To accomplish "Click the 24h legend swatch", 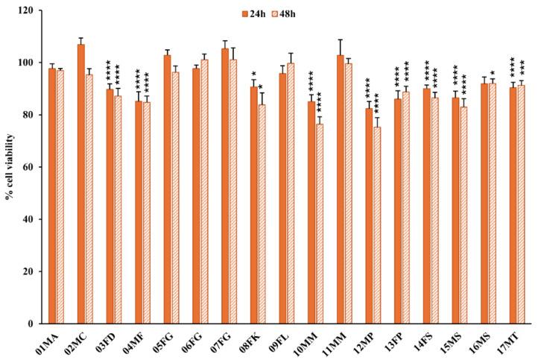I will tap(243, 13).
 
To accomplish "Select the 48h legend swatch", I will tap(274, 13).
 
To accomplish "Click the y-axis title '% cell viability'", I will tap(11, 168).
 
